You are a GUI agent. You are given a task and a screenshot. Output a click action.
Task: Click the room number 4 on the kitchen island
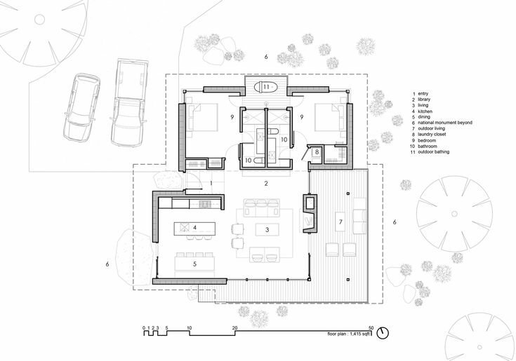click(195, 227)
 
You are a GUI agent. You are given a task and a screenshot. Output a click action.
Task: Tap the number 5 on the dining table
click(195, 264)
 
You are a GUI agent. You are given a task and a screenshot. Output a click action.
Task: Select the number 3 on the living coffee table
click(267, 230)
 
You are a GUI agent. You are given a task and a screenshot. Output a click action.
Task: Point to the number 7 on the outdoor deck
click(340, 222)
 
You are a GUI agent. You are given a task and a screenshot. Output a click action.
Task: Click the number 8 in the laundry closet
click(317, 152)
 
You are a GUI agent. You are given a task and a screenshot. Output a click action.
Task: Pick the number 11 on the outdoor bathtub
click(266, 87)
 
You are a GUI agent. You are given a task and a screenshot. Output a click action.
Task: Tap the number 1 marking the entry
click(211, 182)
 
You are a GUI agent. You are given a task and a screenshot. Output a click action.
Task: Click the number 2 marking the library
click(266, 184)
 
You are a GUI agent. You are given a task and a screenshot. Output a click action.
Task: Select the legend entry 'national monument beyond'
click(445, 123)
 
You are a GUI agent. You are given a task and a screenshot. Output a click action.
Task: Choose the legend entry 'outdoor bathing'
click(433, 152)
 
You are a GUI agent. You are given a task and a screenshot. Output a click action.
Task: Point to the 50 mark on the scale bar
click(371, 327)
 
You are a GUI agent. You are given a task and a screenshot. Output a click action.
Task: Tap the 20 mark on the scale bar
click(234, 327)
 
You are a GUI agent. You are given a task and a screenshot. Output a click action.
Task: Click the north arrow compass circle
click(383, 333)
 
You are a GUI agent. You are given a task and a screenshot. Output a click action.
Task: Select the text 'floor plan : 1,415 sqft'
click(349, 334)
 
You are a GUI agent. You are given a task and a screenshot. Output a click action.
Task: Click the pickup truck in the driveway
click(129, 102)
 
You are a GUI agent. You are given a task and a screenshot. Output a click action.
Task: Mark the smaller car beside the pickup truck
click(81, 107)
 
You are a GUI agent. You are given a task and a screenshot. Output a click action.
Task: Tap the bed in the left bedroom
click(201, 118)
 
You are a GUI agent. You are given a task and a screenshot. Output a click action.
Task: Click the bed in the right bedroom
click(330, 118)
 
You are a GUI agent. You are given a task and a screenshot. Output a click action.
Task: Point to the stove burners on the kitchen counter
click(204, 204)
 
